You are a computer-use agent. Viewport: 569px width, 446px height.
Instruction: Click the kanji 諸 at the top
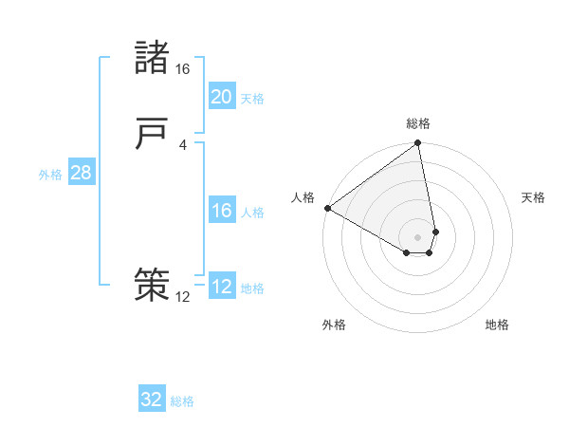pos(152,59)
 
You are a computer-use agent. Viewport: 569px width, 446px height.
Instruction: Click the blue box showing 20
pos(222,97)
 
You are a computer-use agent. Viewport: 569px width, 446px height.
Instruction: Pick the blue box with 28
pos(82,173)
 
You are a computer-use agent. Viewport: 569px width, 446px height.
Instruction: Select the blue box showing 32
pos(152,400)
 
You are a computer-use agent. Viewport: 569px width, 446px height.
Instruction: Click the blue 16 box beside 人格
pos(222,211)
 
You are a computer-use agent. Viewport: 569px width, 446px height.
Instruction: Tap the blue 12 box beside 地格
pos(222,287)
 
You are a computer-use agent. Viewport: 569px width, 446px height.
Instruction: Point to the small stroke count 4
pos(182,144)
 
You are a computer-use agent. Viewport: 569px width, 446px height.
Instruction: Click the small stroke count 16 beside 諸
pos(182,69)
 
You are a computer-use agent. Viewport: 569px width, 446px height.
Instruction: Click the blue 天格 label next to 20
pos(252,99)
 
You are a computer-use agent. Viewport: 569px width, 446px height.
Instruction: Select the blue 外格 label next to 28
pos(50,175)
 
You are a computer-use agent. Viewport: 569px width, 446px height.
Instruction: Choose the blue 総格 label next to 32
pos(182,401)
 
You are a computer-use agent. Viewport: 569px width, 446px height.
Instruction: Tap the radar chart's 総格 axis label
pos(418,123)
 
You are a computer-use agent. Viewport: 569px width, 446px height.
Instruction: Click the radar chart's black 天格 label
pos(533,197)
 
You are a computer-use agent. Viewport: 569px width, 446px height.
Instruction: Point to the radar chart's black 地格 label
pos(497,325)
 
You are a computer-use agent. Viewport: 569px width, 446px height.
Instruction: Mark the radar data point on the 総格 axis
pos(417,144)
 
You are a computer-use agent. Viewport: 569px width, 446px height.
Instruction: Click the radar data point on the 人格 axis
pos(327,208)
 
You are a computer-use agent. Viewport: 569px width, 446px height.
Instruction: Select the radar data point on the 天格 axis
pos(435,231)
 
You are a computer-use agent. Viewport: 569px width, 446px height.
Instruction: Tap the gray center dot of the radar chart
pos(417,236)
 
